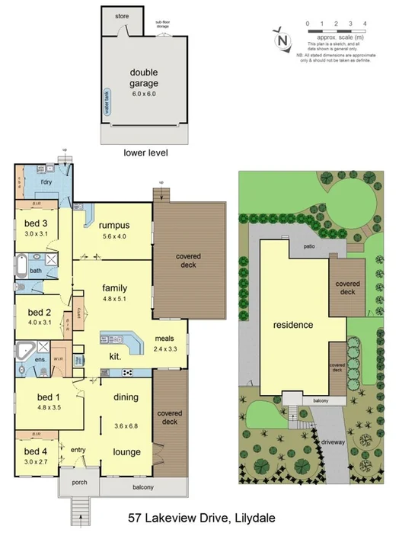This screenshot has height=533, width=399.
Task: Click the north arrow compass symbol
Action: tap(282, 39)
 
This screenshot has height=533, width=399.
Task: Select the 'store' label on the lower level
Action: tap(122, 16)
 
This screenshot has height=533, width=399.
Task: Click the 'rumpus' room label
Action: tap(113, 225)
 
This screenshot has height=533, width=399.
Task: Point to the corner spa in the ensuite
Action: tap(25, 353)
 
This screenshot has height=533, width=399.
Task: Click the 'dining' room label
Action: tap(126, 397)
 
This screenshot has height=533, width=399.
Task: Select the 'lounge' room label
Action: tap(126, 451)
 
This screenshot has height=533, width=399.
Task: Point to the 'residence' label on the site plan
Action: tap(293, 325)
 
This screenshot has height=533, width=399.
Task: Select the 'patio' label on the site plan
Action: tap(308, 246)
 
